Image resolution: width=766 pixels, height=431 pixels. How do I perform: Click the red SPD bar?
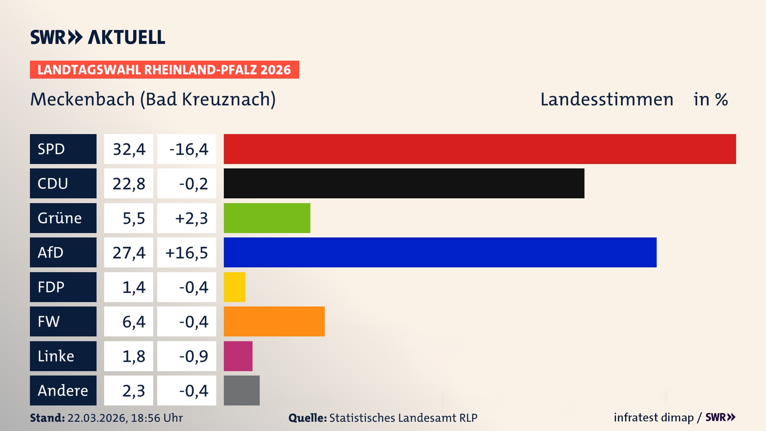click(x=480, y=149)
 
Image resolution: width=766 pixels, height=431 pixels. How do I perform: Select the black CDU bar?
click(x=404, y=183)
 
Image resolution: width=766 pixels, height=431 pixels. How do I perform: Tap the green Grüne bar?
click(x=267, y=218)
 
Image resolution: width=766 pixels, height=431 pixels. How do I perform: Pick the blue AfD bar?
click(x=440, y=252)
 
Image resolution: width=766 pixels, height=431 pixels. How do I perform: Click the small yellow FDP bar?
click(x=235, y=287)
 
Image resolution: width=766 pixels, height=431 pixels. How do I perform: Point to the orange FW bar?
click(x=274, y=321)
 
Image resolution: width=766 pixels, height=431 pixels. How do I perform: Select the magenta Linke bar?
click(x=238, y=356)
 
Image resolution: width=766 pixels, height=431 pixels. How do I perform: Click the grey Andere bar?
click(x=242, y=390)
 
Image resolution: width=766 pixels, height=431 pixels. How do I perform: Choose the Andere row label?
click(x=63, y=390)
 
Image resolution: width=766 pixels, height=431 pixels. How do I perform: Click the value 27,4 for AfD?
click(x=128, y=252)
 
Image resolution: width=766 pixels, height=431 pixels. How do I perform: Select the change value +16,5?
click(x=187, y=252)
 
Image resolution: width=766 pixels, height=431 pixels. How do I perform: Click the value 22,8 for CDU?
click(x=128, y=183)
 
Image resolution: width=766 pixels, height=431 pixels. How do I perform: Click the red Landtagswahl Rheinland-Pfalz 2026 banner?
click(x=164, y=69)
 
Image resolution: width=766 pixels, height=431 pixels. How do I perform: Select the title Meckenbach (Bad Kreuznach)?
click(x=153, y=99)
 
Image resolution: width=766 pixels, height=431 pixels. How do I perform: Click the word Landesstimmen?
click(x=606, y=99)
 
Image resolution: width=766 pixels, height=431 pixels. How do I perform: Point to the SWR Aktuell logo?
click(x=98, y=37)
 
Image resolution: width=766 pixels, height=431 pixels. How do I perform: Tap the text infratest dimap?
click(x=653, y=417)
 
